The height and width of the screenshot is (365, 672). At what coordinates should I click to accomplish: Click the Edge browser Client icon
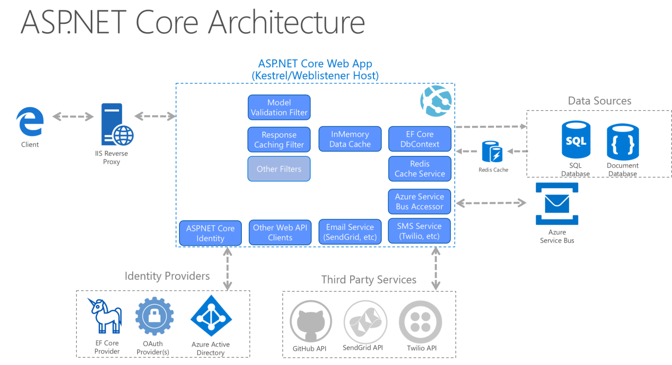(x=30, y=121)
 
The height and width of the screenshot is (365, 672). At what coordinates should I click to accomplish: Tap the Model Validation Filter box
(x=279, y=107)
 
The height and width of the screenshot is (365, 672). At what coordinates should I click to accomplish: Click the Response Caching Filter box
(x=279, y=139)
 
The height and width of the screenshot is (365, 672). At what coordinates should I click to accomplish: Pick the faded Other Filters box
(x=279, y=169)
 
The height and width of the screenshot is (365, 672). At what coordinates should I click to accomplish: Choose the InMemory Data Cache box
(x=350, y=139)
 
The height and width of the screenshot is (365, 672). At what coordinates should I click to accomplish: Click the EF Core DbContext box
(x=419, y=139)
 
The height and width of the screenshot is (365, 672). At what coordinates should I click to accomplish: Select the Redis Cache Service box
(x=419, y=169)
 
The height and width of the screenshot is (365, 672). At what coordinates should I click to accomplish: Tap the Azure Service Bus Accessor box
(x=419, y=201)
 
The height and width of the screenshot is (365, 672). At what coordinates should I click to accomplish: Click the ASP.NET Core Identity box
(x=210, y=233)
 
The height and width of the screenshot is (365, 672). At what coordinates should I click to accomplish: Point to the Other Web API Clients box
(x=280, y=232)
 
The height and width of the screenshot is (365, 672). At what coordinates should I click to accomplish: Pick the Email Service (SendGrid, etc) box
(x=350, y=232)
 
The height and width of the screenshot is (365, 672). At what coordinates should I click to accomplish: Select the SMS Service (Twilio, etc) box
(x=419, y=231)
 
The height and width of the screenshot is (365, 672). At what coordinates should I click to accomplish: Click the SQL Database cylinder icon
(x=575, y=141)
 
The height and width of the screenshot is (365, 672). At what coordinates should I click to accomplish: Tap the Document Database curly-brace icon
(x=622, y=142)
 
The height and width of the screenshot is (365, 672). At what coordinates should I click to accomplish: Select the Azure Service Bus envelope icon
(x=556, y=203)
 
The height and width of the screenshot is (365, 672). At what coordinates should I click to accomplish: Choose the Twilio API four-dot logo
(x=420, y=322)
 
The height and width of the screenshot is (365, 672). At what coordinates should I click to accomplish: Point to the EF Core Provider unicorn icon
(x=107, y=315)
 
